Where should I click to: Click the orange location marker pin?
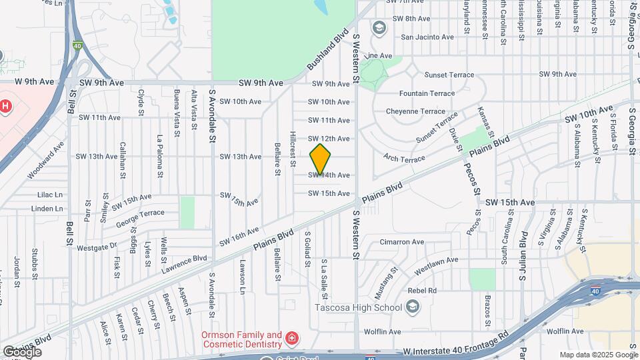[x=320, y=159]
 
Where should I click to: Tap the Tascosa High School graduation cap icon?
[x=413, y=307]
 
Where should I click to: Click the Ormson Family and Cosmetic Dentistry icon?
[x=291, y=340]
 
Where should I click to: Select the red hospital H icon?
[x=5, y=106]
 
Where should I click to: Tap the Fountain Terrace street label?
[x=427, y=93]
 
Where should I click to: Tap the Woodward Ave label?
[x=46, y=159]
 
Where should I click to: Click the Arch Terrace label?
[x=404, y=157]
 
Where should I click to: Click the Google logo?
[x=21, y=351]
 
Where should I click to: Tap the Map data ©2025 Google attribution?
[x=598, y=355]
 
